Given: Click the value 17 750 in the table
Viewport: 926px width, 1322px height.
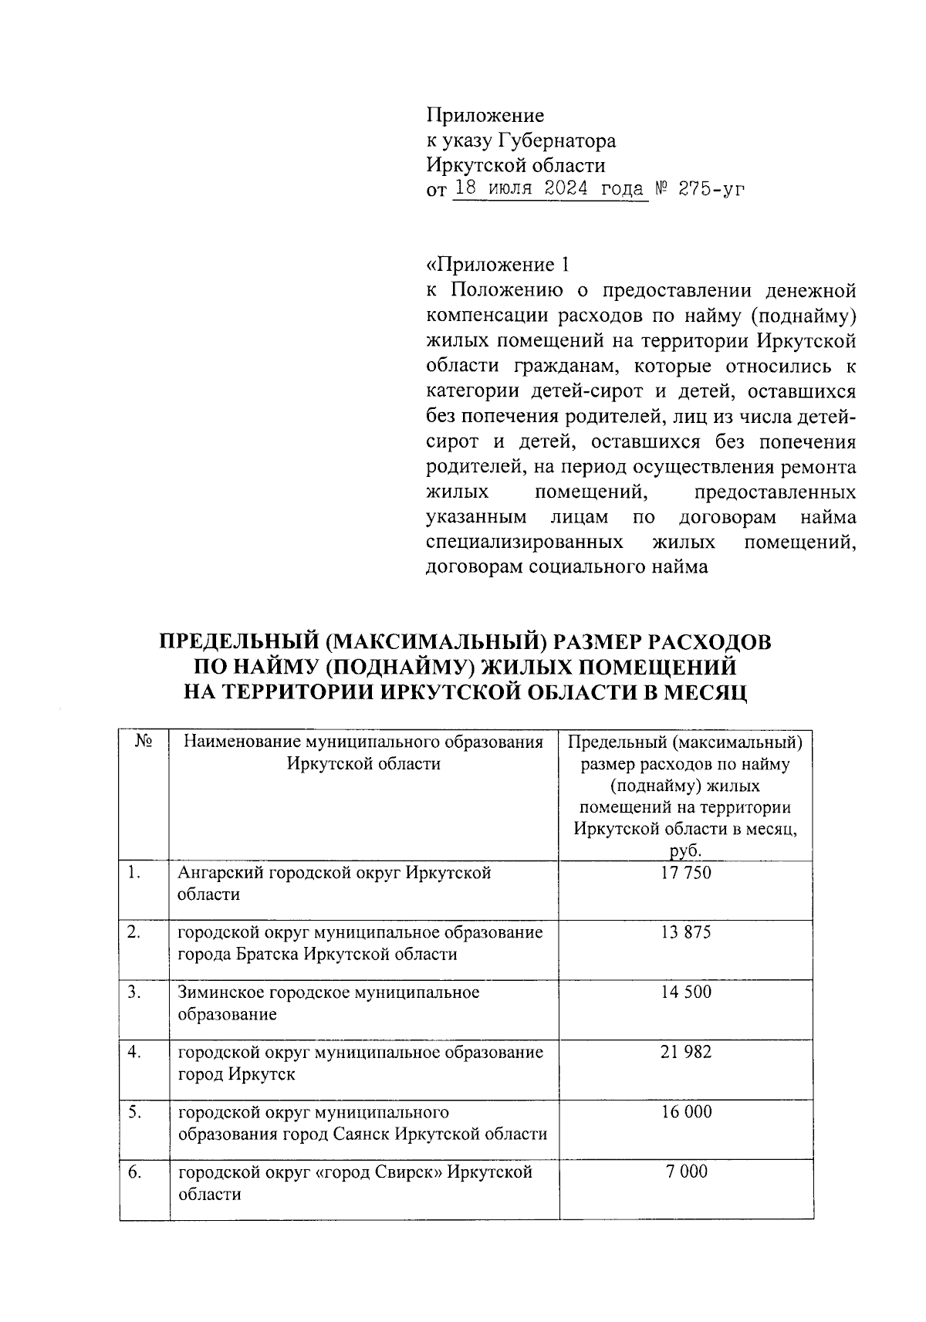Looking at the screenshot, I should [x=686, y=873].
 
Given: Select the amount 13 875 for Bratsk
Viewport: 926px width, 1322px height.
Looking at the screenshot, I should [x=686, y=932].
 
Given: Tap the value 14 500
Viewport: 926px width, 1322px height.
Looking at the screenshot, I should [x=686, y=992].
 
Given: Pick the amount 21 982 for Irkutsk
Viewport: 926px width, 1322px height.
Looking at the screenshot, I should [x=686, y=1052].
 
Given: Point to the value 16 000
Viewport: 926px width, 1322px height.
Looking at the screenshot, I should [x=686, y=1112].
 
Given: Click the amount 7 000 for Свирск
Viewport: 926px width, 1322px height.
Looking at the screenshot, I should [x=686, y=1172].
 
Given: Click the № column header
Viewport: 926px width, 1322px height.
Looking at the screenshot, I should [x=144, y=742].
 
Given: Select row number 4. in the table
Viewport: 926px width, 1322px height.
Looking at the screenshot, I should [x=134, y=1052].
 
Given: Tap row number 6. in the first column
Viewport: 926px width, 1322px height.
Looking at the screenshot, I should [x=134, y=1172].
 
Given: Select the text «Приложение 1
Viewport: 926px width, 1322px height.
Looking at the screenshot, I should [x=498, y=265].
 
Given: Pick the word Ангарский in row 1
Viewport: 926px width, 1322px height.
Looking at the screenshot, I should [x=220, y=873].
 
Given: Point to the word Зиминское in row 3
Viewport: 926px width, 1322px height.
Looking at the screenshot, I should [x=221, y=992].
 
